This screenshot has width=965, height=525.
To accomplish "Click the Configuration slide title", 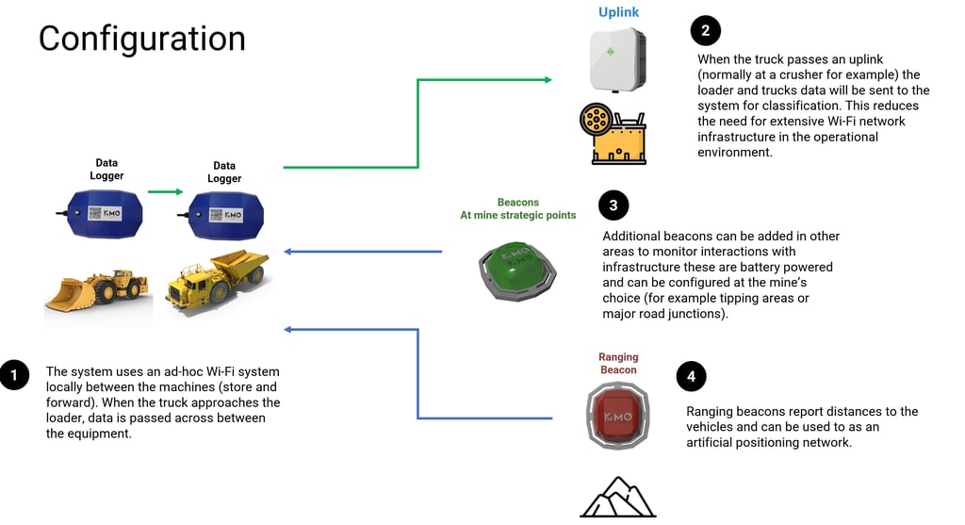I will coord(141,38).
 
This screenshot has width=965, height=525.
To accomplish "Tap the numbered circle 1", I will coord(14,375).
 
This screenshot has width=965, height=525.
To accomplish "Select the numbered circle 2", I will coord(705,31).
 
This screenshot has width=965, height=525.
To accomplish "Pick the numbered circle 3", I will coord(613,205).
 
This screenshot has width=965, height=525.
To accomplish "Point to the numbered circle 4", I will coord(691,377).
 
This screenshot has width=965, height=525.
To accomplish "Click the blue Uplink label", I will coord(618,12).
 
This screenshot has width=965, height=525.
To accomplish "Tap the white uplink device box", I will coord(618,58).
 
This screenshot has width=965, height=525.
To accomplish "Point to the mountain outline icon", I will coord(617,497).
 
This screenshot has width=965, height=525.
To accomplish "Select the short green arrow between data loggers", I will coord(165,192).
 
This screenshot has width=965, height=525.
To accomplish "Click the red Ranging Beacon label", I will coord(618,363).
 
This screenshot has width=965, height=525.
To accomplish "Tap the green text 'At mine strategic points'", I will coord(517,216).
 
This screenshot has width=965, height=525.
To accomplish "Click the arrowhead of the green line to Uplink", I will coord(548,80).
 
